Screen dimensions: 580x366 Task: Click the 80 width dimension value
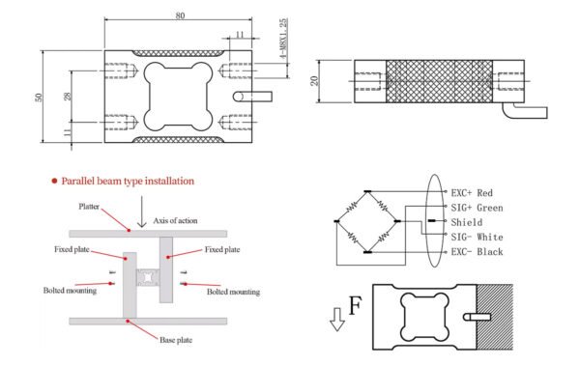point(180,15)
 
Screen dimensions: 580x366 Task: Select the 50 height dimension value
point(39,97)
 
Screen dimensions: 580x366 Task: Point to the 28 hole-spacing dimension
point(68,97)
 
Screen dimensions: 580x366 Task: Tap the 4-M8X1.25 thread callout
point(283,39)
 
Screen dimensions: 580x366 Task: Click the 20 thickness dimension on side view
point(314,81)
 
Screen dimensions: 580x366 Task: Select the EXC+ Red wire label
point(472,193)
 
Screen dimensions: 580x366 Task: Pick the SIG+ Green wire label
point(477,208)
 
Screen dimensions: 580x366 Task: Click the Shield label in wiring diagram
point(467,222)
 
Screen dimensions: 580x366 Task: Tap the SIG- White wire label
point(477,237)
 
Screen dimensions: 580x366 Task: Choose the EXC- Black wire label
point(477,252)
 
